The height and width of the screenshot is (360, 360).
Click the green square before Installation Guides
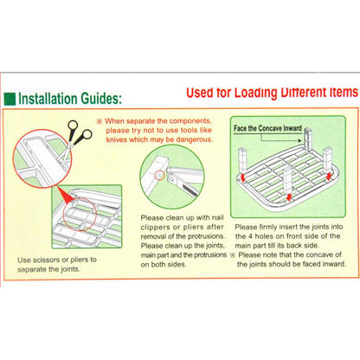(10, 99)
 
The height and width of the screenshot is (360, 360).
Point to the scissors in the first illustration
(74, 140)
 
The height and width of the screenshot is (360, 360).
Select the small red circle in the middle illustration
(159, 175)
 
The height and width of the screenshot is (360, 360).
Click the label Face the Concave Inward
(267, 128)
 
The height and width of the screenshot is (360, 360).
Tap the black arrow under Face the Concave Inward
(281, 138)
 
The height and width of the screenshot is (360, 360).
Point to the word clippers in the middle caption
(155, 228)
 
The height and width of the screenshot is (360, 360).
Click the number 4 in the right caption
(250, 236)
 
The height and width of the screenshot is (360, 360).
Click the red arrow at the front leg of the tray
(288, 197)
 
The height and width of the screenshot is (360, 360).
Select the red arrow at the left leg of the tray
(243, 177)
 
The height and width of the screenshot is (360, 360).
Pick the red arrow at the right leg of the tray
(329, 177)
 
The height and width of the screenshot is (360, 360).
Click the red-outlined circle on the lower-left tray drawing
(80, 214)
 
